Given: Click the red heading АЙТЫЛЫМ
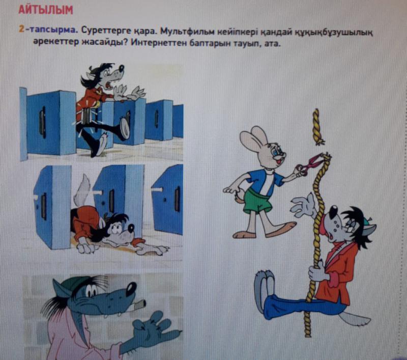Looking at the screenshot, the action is (46, 10).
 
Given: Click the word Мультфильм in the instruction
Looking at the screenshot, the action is (186, 32).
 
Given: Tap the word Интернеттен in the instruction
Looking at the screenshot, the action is (158, 43).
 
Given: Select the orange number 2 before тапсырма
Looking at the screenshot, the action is (21, 29).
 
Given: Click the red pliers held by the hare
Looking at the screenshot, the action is (311, 164).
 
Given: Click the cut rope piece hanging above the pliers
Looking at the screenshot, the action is (317, 127).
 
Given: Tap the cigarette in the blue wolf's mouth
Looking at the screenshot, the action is (139, 304).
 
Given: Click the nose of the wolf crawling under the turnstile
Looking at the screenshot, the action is (131, 228).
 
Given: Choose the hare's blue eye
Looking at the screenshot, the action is (274, 153).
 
